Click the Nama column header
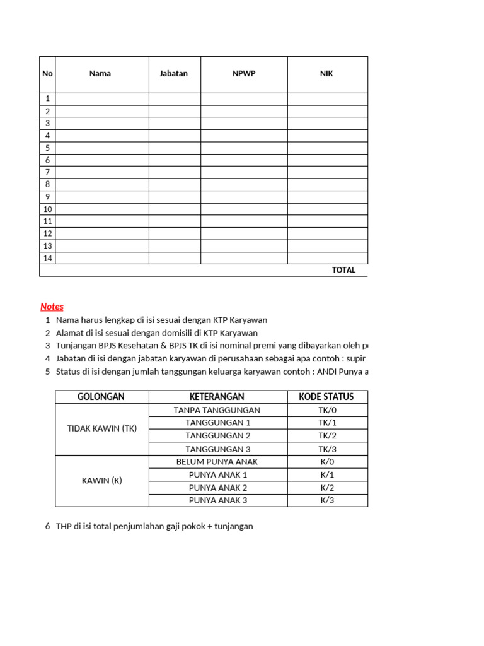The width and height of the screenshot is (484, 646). click(100, 74)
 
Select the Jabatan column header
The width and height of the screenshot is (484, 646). click(174, 74)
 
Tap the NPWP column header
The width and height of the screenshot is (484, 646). click(244, 74)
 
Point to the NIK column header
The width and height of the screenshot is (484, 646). click(326, 74)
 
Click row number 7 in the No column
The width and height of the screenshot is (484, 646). click(47, 172)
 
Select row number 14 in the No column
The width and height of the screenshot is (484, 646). click(47, 258)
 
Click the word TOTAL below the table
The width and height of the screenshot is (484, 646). click(343, 270)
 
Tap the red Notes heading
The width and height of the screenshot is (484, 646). click(52, 307)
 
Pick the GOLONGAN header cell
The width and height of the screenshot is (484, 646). click(101, 397)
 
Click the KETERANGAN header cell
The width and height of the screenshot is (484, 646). click(217, 397)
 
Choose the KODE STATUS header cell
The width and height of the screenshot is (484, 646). click(326, 397)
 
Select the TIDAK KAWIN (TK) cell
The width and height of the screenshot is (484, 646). click(101, 429)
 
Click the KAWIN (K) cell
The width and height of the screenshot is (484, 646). click(101, 481)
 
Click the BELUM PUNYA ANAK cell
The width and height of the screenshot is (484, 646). click(217, 462)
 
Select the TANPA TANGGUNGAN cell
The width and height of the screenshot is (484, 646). click(217, 410)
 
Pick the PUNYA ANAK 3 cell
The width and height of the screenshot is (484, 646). click(217, 500)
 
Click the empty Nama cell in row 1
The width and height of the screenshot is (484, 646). click(101, 99)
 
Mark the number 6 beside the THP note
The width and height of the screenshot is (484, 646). click(47, 526)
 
